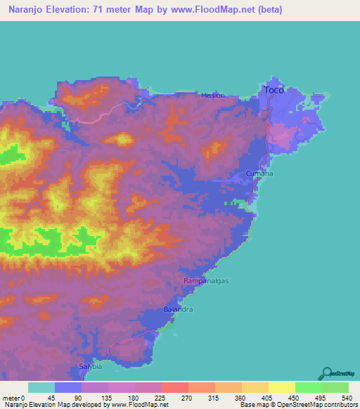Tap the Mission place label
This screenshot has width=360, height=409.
tap(213, 96)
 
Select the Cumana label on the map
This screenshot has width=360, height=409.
tap(259, 174)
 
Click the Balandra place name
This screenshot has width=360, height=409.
tap(178, 309)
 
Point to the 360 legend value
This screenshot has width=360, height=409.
tap(242, 397)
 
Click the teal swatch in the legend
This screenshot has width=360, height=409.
tap(41, 387)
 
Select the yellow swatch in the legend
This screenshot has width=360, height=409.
tap(282, 387)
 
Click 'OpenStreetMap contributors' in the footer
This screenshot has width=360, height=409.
tap(320, 405)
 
